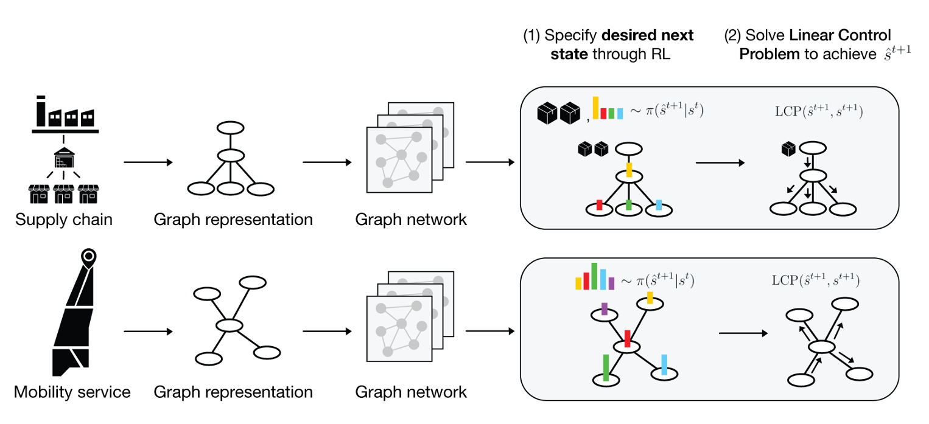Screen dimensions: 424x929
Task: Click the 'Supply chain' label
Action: [64, 220]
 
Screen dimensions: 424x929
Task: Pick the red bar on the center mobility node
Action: [627, 337]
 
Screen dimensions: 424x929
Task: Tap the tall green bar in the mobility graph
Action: [606, 367]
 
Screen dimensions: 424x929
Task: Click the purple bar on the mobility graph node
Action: [604, 309]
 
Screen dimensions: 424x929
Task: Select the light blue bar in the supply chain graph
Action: [659, 204]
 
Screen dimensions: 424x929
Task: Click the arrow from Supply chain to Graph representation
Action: [148, 162]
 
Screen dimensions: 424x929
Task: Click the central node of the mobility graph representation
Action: [229, 325]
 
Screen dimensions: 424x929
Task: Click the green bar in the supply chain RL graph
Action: [628, 204]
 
